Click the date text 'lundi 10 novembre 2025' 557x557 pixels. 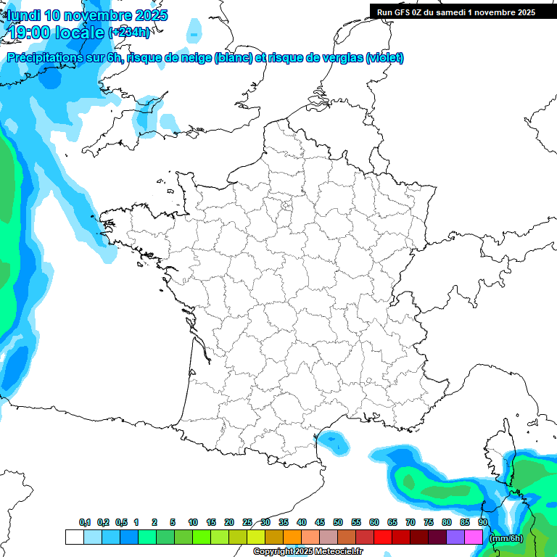tap(87, 15)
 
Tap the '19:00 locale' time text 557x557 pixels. tap(57, 32)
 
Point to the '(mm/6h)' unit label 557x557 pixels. tap(506, 537)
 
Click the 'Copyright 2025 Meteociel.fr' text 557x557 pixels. tap(308, 552)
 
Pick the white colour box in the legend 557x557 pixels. tap(74, 537)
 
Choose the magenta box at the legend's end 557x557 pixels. tap(474, 537)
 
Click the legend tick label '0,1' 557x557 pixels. tap(85, 522)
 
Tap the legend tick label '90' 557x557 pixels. tap(482, 522)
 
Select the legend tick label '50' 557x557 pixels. tap(338, 522)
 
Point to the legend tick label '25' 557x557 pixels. tap(247, 522)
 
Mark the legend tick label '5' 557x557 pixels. tap(173, 522)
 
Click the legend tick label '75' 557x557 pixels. tap(429, 522)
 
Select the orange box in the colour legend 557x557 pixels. tap(292, 537)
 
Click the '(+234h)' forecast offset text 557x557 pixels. tap(129, 32)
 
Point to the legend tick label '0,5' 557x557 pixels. tap(121, 522)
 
